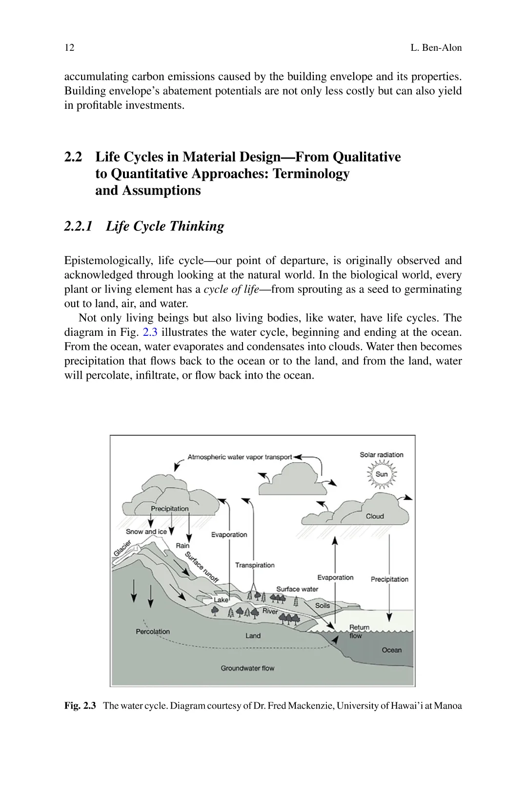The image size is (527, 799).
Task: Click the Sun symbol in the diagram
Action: (382, 474)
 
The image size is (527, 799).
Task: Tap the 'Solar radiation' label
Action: (382, 455)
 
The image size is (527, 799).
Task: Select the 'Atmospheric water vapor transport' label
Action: (240, 457)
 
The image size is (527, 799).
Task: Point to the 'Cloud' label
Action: (375, 516)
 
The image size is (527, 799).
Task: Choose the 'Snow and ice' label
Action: (146, 532)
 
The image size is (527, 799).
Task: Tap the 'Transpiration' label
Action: (255, 565)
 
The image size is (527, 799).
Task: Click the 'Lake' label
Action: (221, 600)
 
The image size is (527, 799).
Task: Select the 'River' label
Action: (270, 611)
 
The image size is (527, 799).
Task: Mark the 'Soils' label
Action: (323, 606)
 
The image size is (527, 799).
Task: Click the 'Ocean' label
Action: (391, 650)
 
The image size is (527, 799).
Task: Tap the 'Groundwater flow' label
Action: (247, 668)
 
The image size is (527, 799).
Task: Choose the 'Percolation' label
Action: (153, 632)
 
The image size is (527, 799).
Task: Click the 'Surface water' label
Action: (297, 589)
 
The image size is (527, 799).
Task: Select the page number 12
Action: (69, 48)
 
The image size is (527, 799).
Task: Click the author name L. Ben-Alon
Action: (436, 48)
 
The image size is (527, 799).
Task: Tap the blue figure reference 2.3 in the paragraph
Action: (150, 332)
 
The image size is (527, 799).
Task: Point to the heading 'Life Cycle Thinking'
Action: (165, 226)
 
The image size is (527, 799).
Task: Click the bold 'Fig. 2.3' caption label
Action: (80, 706)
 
